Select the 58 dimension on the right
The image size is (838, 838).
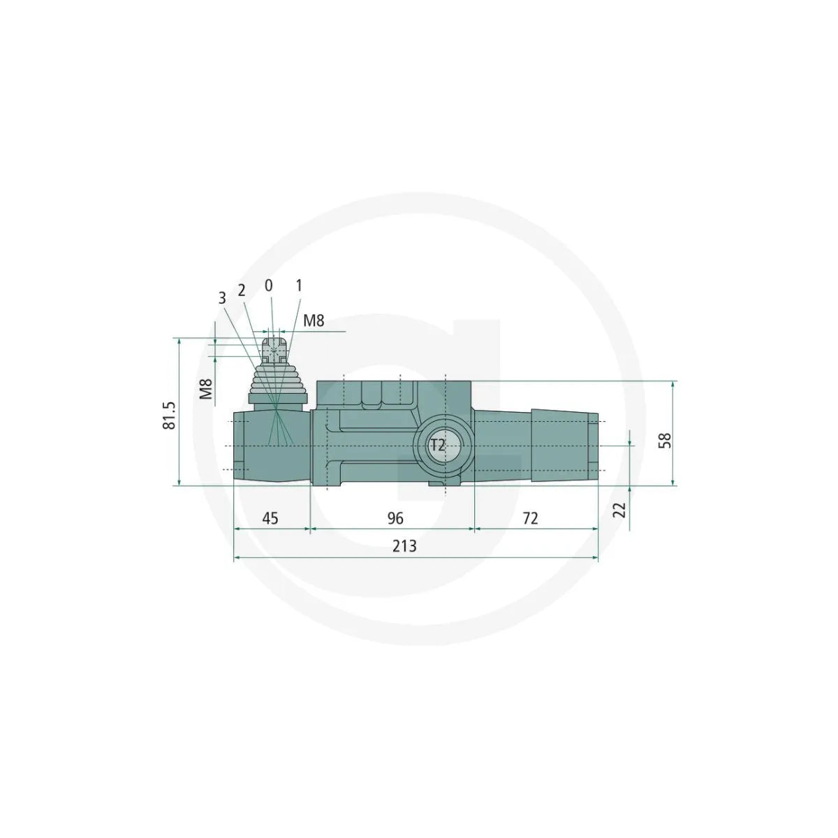[x=666, y=440]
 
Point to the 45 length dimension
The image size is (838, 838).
[x=270, y=518]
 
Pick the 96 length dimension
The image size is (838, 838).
[x=395, y=518]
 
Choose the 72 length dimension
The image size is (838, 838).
[x=531, y=518]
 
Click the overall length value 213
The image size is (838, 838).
[x=404, y=546]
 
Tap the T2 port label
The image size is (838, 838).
[x=438, y=446]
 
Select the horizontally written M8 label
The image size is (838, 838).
[x=314, y=321]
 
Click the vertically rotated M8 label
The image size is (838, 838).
[x=205, y=388]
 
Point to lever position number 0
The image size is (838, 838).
[x=269, y=286]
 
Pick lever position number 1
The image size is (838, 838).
[x=299, y=286]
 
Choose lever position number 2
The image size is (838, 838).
[x=242, y=290]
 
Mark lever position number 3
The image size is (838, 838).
[x=222, y=298]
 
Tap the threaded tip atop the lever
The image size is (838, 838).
[x=275, y=350]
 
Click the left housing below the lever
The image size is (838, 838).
[x=271, y=447]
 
